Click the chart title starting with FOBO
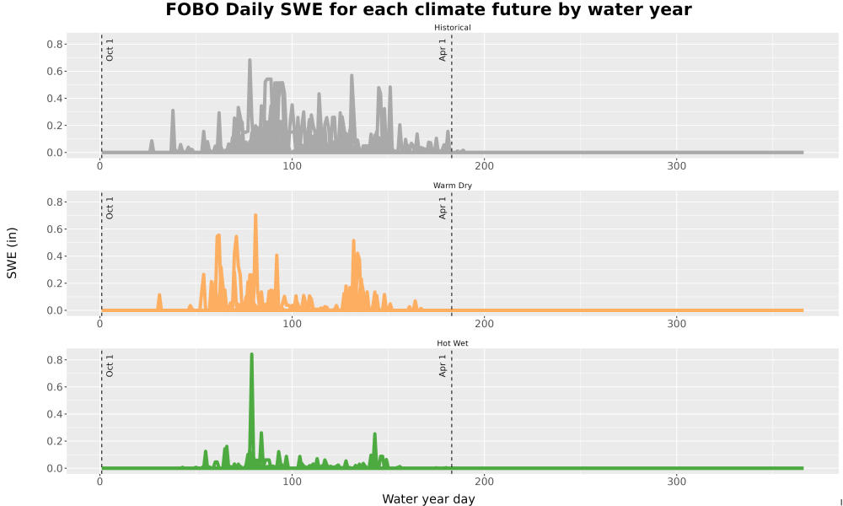click(428, 9)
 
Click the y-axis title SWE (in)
click(12, 253)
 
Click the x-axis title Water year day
click(428, 499)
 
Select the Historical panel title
click(452, 28)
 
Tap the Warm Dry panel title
click(452, 186)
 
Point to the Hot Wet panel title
click(452, 343)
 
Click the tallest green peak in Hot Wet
click(251, 355)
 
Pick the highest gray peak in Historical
click(250, 60)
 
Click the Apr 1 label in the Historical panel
click(443, 50)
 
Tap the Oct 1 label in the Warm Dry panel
click(110, 208)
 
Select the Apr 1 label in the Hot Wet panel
click(443, 365)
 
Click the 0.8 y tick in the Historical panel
click(55, 44)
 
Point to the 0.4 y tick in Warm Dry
click(55, 256)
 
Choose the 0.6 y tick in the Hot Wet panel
click(55, 387)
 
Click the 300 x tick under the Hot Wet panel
click(676, 482)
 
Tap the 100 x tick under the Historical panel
click(292, 165)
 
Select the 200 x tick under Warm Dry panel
click(485, 324)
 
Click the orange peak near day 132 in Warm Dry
click(353, 241)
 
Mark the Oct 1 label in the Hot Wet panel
click(110, 366)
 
